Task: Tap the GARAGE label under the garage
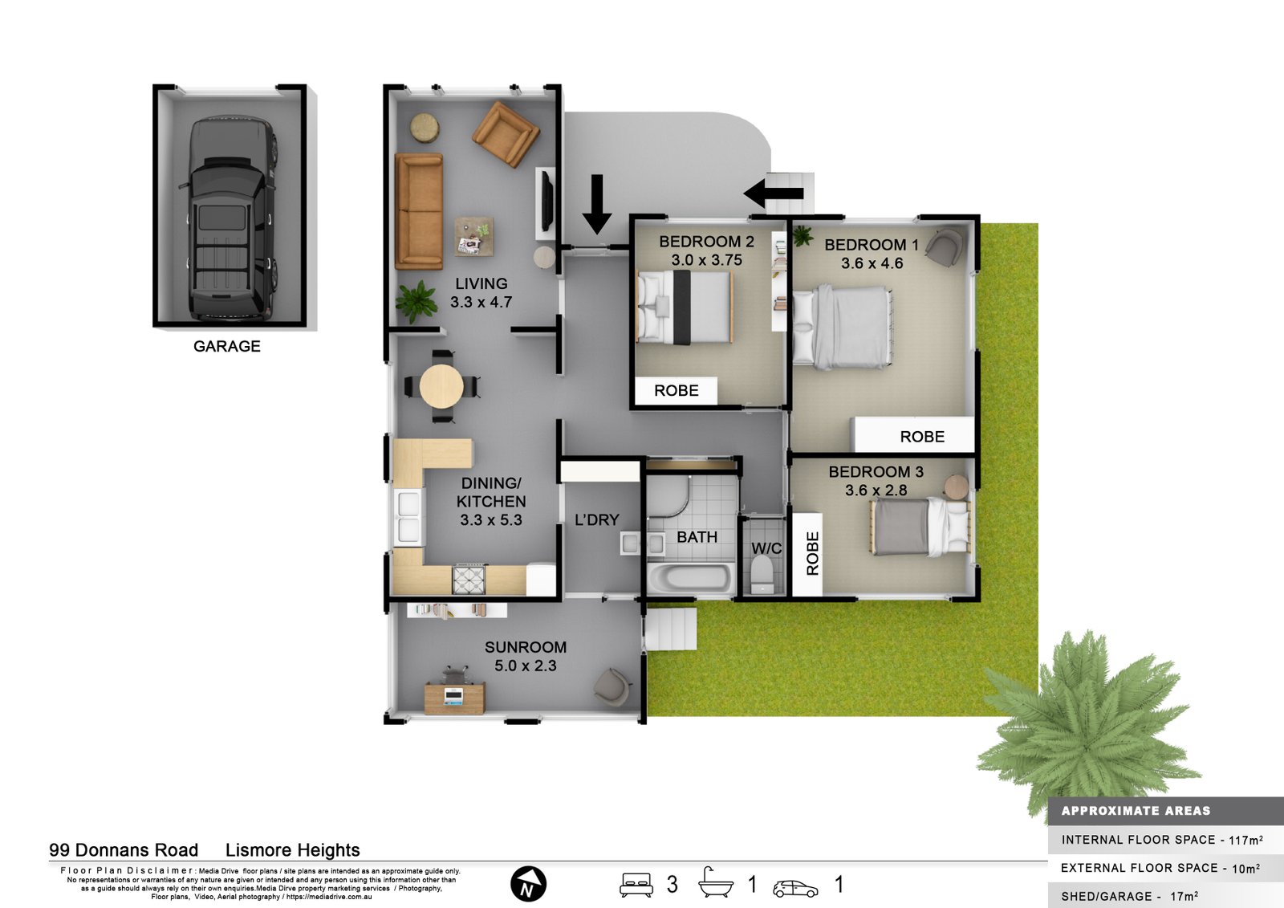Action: (x=226, y=346)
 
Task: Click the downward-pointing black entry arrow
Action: (x=596, y=204)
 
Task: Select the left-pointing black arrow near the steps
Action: (x=773, y=193)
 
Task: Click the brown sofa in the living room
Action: (x=418, y=211)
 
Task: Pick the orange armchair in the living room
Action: (x=506, y=133)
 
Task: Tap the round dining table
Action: (x=441, y=387)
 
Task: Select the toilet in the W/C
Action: (x=762, y=572)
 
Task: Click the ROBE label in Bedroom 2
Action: (x=676, y=391)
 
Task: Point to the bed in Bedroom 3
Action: (x=920, y=527)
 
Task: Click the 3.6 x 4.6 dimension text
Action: (x=872, y=263)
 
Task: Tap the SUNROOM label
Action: (x=526, y=647)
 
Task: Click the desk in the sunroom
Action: (x=454, y=697)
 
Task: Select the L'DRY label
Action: (x=597, y=520)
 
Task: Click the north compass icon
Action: (x=528, y=885)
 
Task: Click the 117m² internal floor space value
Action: (x=1245, y=840)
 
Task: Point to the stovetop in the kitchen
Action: (x=469, y=578)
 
